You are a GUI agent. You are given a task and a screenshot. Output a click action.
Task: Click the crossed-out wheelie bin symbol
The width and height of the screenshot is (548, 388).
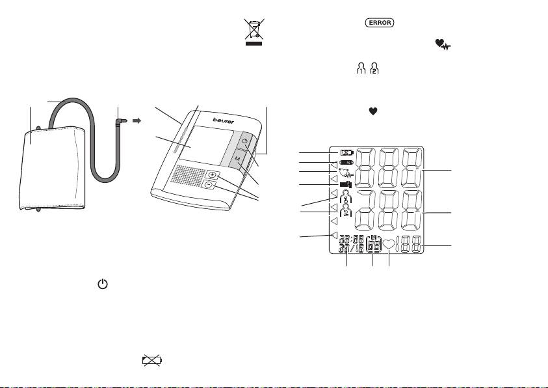point(254,32)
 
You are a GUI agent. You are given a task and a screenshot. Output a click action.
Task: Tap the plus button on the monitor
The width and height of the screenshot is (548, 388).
point(213,175)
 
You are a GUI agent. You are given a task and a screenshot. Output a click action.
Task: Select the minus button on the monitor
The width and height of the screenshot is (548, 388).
point(208,185)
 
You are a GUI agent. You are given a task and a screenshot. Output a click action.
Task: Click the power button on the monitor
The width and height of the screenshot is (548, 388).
point(245,141)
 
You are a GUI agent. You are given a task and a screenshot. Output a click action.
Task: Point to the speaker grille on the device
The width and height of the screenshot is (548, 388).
point(184,175)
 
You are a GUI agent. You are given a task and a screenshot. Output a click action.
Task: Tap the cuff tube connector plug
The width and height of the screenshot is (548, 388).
point(120,121)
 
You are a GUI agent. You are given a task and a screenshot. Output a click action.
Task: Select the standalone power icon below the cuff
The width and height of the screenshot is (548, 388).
point(103,284)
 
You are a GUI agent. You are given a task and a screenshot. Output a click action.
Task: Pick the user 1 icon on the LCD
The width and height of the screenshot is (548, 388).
point(346,195)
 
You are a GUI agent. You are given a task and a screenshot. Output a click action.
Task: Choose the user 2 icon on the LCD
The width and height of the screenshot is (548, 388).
point(346,210)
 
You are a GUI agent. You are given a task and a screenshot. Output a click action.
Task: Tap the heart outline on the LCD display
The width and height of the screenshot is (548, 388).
point(389,245)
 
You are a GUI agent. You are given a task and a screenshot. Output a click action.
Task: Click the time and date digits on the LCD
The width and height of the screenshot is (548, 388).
point(350,245)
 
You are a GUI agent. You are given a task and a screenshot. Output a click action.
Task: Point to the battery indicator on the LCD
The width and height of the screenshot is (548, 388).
point(345,162)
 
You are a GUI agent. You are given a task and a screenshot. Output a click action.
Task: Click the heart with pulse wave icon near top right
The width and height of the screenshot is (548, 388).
point(444,44)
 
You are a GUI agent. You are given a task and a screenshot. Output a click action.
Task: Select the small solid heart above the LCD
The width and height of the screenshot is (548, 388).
point(373,111)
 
